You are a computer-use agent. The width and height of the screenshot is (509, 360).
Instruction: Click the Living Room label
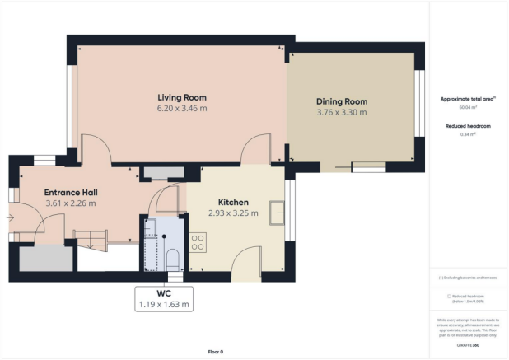[182, 97]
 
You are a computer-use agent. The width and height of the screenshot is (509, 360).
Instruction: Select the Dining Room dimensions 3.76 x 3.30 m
[341, 113]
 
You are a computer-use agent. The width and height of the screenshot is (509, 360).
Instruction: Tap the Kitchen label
[233, 203]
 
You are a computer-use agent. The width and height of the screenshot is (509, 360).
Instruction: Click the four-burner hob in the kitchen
[198, 242]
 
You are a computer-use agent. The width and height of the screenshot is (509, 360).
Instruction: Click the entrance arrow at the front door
[9, 217]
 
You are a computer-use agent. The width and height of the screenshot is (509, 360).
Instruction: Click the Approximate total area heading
[467, 98]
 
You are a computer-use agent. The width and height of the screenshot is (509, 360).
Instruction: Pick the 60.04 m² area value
[467, 107]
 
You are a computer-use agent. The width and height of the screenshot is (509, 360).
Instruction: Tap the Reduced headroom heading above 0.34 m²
[467, 125]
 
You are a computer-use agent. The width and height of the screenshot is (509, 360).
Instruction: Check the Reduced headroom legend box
[448, 295]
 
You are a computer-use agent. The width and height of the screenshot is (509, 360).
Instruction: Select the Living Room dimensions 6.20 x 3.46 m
[182, 108]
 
